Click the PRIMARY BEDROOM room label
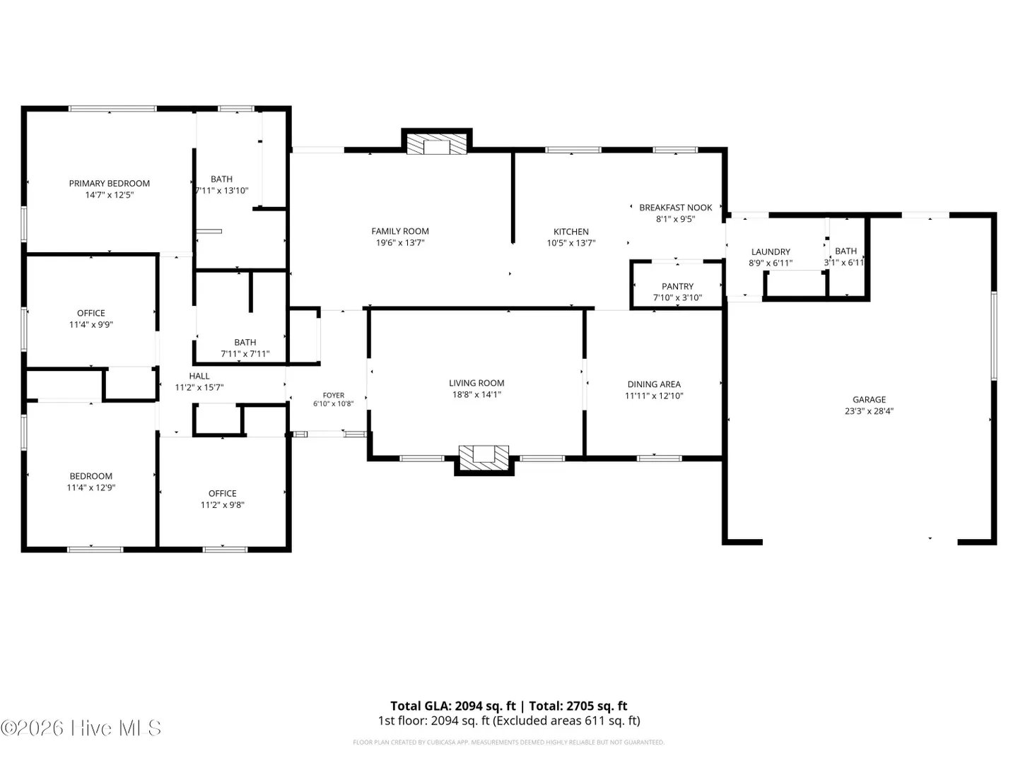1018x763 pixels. pos(110,184)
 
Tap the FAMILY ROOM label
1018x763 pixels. pos(400,231)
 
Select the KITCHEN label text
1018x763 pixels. pos(571,232)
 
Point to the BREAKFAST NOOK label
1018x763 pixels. pos(675,208)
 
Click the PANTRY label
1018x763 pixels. pos(677,286)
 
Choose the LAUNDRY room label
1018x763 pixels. pos(771,252)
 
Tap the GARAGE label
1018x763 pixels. pos(869,399)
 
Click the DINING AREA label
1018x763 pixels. pos(654,384)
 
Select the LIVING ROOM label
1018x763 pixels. pos(476,383)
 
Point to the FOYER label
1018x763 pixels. pos(334,395)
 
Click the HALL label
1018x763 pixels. pos(199,376)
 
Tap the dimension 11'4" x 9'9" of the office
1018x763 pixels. pos(91,325)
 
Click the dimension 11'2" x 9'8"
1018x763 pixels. pos(222,505)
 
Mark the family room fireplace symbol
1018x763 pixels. pos(436,144)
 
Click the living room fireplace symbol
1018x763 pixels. pos(484,457)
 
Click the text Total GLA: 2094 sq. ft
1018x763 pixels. pos(452,706)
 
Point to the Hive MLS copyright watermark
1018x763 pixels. pos(81,728)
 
